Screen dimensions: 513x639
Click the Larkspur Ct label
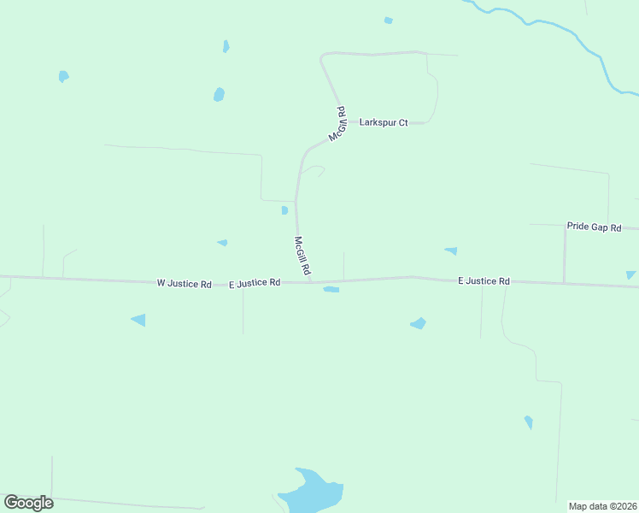click(x=384, y=122)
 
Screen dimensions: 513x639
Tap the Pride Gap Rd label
click(x=594, y=227)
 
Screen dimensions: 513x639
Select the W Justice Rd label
click(x=184, y=283)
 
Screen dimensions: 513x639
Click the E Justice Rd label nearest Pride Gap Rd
click(x=484, y=280)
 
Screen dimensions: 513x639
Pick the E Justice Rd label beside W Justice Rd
click(x=255, y=282)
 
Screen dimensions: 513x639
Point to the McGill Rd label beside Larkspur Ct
click(x=338, y=124)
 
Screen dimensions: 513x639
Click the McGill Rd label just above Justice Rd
click(x=302, y=256)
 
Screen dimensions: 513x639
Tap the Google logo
click(x=28, y=503)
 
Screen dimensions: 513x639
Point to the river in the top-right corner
click(x=589, y=47)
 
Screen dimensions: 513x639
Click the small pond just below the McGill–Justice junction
click(x=331, y=290)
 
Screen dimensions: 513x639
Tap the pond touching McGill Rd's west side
click(x=284, y=210)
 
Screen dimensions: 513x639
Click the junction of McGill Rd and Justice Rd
click(x=311, y=281)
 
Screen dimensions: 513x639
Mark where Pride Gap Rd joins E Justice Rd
click(x=564, y=283)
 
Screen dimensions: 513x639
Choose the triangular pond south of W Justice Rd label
click(x=138, y=320)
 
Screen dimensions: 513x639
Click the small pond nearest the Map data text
click(x=529, y=422)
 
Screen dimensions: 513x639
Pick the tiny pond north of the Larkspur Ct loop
click(x=389, y=21)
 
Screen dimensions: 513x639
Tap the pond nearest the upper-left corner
click(x=63, y=76)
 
